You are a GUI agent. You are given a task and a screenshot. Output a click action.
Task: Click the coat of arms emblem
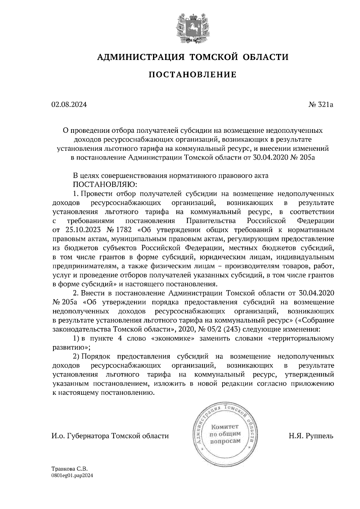pos(193,28)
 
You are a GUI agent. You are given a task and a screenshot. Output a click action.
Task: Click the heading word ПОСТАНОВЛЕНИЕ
pos(192,74)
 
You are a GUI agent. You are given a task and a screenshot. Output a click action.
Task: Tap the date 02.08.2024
pos(69,105)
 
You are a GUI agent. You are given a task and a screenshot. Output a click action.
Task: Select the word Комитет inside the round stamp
pos(225,426)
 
